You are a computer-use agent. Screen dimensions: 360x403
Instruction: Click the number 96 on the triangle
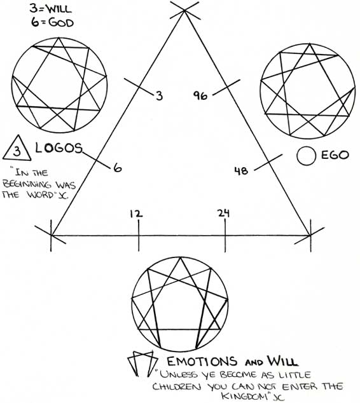tap(200, 95)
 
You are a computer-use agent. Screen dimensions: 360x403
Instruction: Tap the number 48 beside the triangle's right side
tap(241, 170)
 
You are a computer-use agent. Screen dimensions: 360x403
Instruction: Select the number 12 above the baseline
tap(136, 214)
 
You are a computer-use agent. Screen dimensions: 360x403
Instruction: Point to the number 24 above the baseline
tap(223, 213)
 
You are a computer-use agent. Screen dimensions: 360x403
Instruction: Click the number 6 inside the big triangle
tap(117, 168)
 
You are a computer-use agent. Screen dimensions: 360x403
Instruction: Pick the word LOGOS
tap(59, 147)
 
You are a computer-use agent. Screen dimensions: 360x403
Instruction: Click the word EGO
tap(335, 155)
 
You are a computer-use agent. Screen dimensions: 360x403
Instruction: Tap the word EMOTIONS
tap(202, 361)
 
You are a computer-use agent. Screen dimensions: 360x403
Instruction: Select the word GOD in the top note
tap(61, 23)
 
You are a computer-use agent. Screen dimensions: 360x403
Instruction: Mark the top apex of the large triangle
tap(184, 10)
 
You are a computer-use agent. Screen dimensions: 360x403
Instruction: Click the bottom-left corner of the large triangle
tap(51, 235)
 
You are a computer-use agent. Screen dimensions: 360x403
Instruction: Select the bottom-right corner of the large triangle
tap(310, 235)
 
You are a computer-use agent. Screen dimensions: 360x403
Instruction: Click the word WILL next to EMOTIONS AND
tap(282, 361)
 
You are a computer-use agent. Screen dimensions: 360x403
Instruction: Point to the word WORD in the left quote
tap(39, 195)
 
